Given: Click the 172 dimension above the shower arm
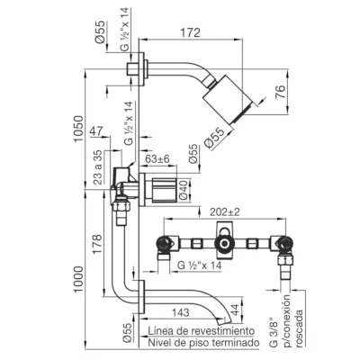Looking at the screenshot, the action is click(x=191, y=32).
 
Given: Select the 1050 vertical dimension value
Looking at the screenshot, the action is click(x=78, y=129).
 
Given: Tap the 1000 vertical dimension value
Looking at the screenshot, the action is click(x=78, y=280).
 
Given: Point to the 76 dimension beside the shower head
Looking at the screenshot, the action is click(x=280, y=92).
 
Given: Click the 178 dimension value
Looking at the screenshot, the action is click(x=97, y=245).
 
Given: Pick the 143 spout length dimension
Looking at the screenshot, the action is click(x=181, y=312).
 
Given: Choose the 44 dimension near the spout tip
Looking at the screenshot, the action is click(x=235, y=310).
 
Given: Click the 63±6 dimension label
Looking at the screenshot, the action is click(x=157, y=159).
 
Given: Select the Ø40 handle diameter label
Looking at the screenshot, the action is click(x=184, y=191).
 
